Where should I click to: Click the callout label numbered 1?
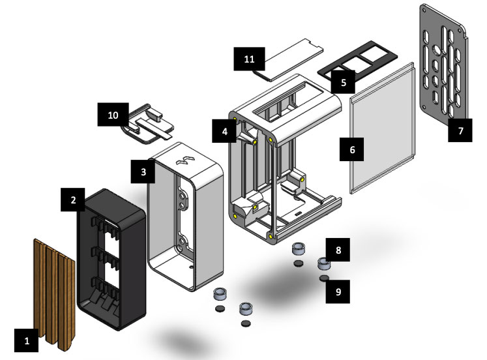[x=27, y=340]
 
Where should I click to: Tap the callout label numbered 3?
[x=143, y=173]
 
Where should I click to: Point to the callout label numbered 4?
[x=224, y=131]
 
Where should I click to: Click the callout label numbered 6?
[x=353, y=150]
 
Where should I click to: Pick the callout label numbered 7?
[x=460, y=130]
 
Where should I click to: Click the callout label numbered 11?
[x=248, y=59]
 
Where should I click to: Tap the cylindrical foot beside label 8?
[x=323, y=264]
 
